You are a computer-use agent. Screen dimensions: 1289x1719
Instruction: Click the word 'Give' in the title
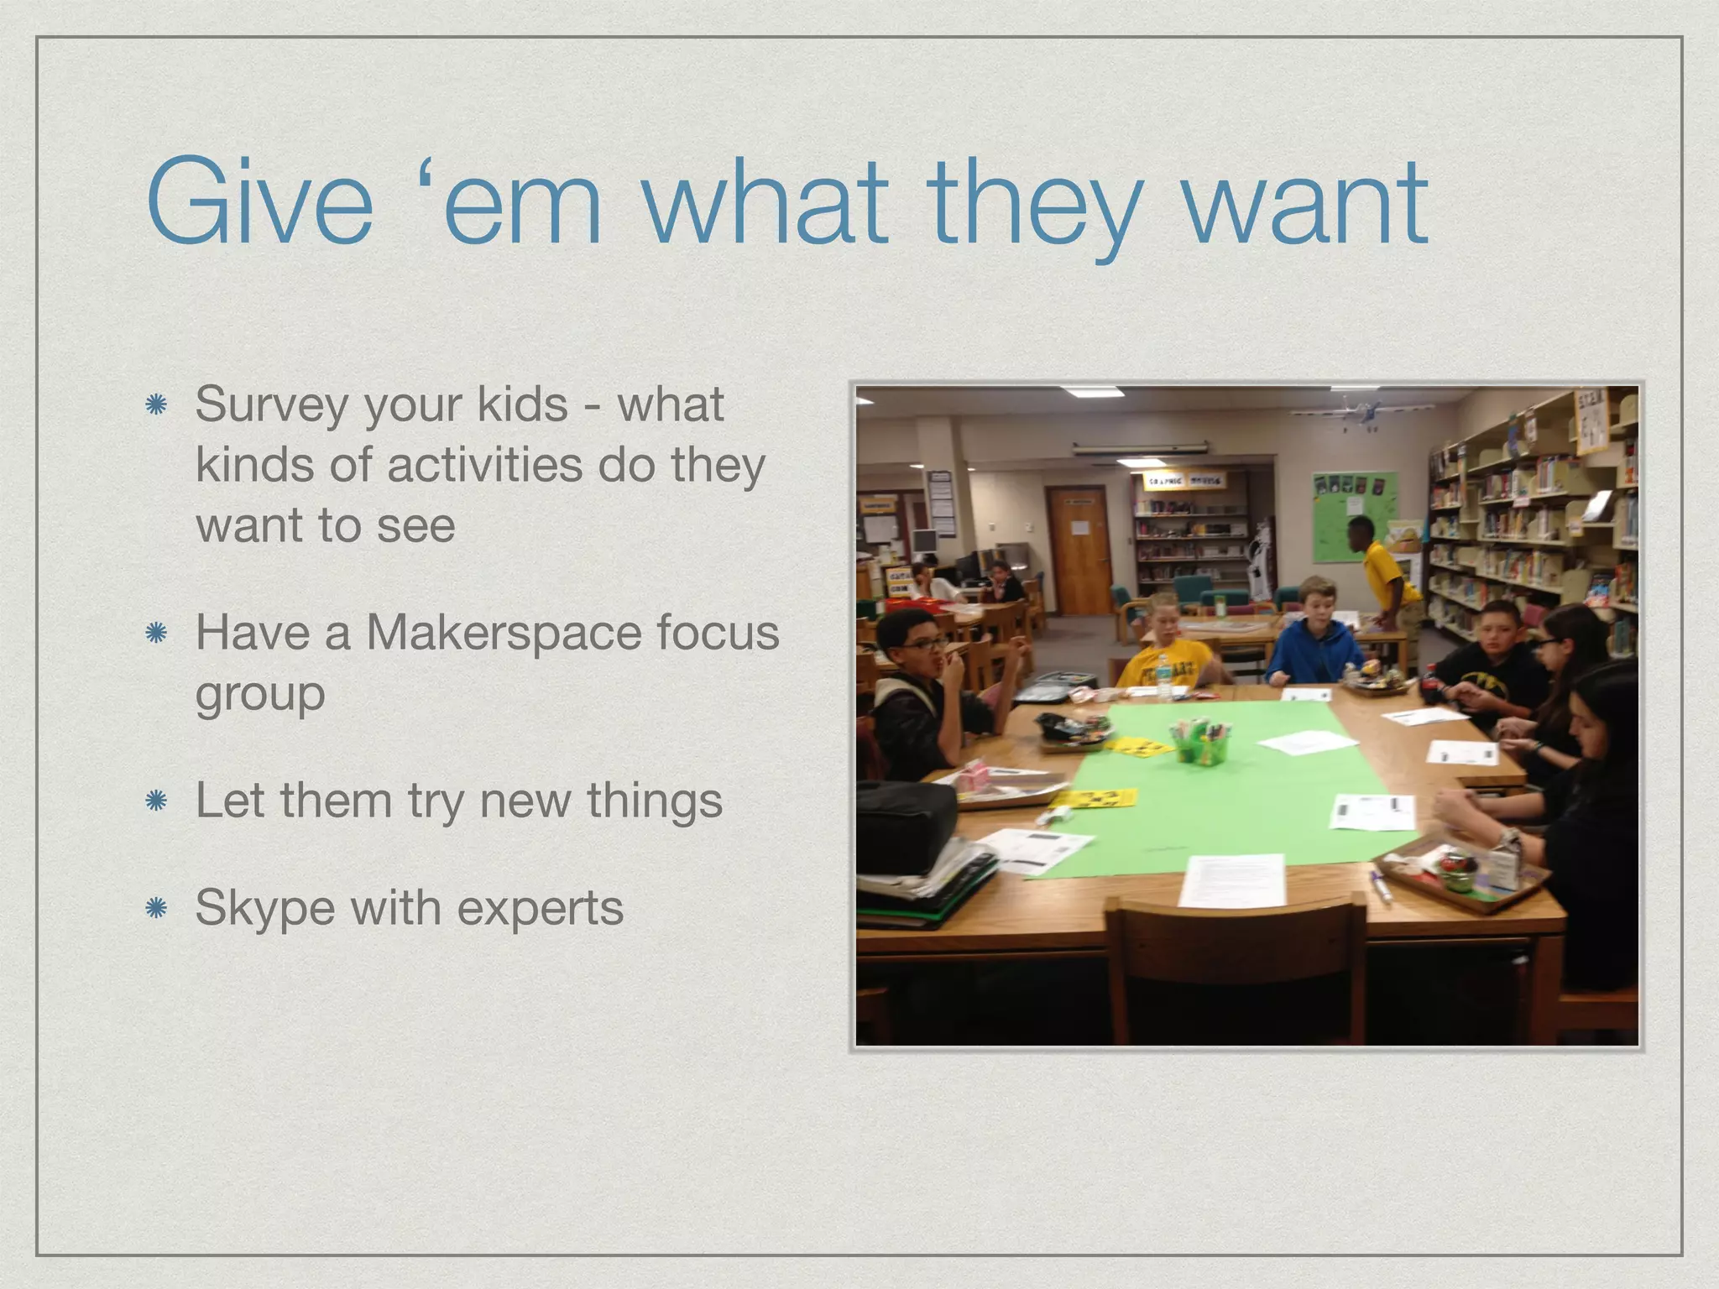click(259, 203)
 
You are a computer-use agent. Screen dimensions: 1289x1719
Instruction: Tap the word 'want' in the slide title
click(1305, 203)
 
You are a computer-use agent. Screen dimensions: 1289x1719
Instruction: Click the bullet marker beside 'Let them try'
click(156, 801)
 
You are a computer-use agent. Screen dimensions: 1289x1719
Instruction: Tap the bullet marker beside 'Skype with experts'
click(156, 908)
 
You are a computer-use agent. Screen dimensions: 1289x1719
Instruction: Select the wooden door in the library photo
click(1079, 550)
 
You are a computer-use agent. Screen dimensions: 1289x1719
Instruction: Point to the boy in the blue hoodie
click(1315, 638)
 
